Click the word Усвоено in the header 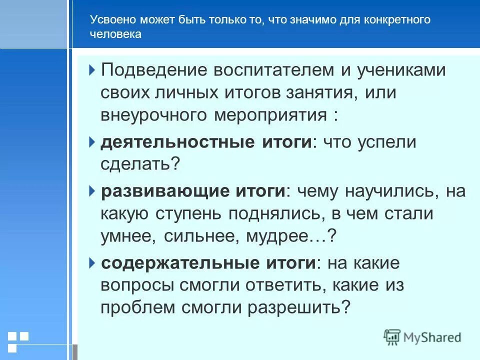click(111, 20)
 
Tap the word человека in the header click(115, 34)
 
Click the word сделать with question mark click(140, 164)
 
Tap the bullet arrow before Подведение click(92, 70)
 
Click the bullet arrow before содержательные click(92, 263)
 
